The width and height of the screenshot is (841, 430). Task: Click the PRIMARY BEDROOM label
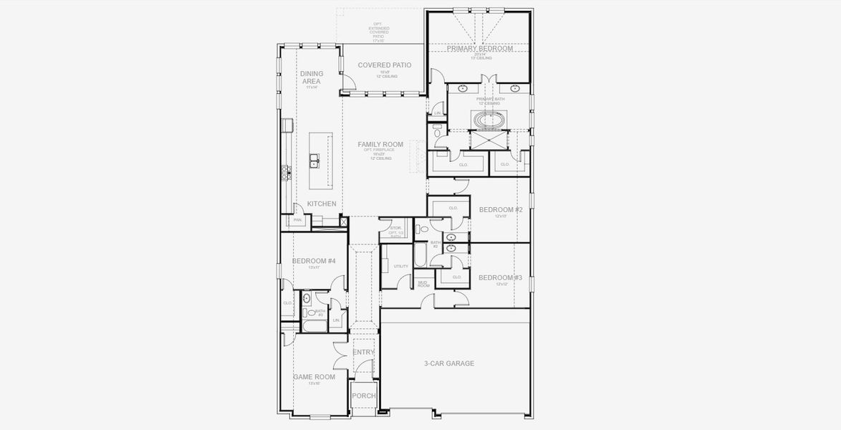pos(480,49)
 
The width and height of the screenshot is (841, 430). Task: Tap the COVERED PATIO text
pos(385,65)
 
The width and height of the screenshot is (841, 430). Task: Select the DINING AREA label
pos(311,77)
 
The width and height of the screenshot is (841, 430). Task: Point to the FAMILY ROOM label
pos(380,144)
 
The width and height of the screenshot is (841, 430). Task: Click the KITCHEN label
pos(322,204)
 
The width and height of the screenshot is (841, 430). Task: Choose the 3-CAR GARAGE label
pos(450,363)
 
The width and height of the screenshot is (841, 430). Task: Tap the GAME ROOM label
pos(314,377)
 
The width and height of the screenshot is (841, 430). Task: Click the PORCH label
pos(363,396)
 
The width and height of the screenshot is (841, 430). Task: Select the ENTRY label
pos(363,352)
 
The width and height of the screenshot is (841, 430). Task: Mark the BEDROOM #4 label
pos(314,261)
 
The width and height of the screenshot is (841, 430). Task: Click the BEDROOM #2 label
pos(500,209)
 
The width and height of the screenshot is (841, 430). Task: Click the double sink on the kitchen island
pos(314,161)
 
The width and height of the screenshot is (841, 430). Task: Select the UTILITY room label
pos(400,266)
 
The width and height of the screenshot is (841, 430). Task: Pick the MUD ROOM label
pos(423,285)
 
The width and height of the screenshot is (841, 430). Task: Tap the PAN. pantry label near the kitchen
pos(297,220)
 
